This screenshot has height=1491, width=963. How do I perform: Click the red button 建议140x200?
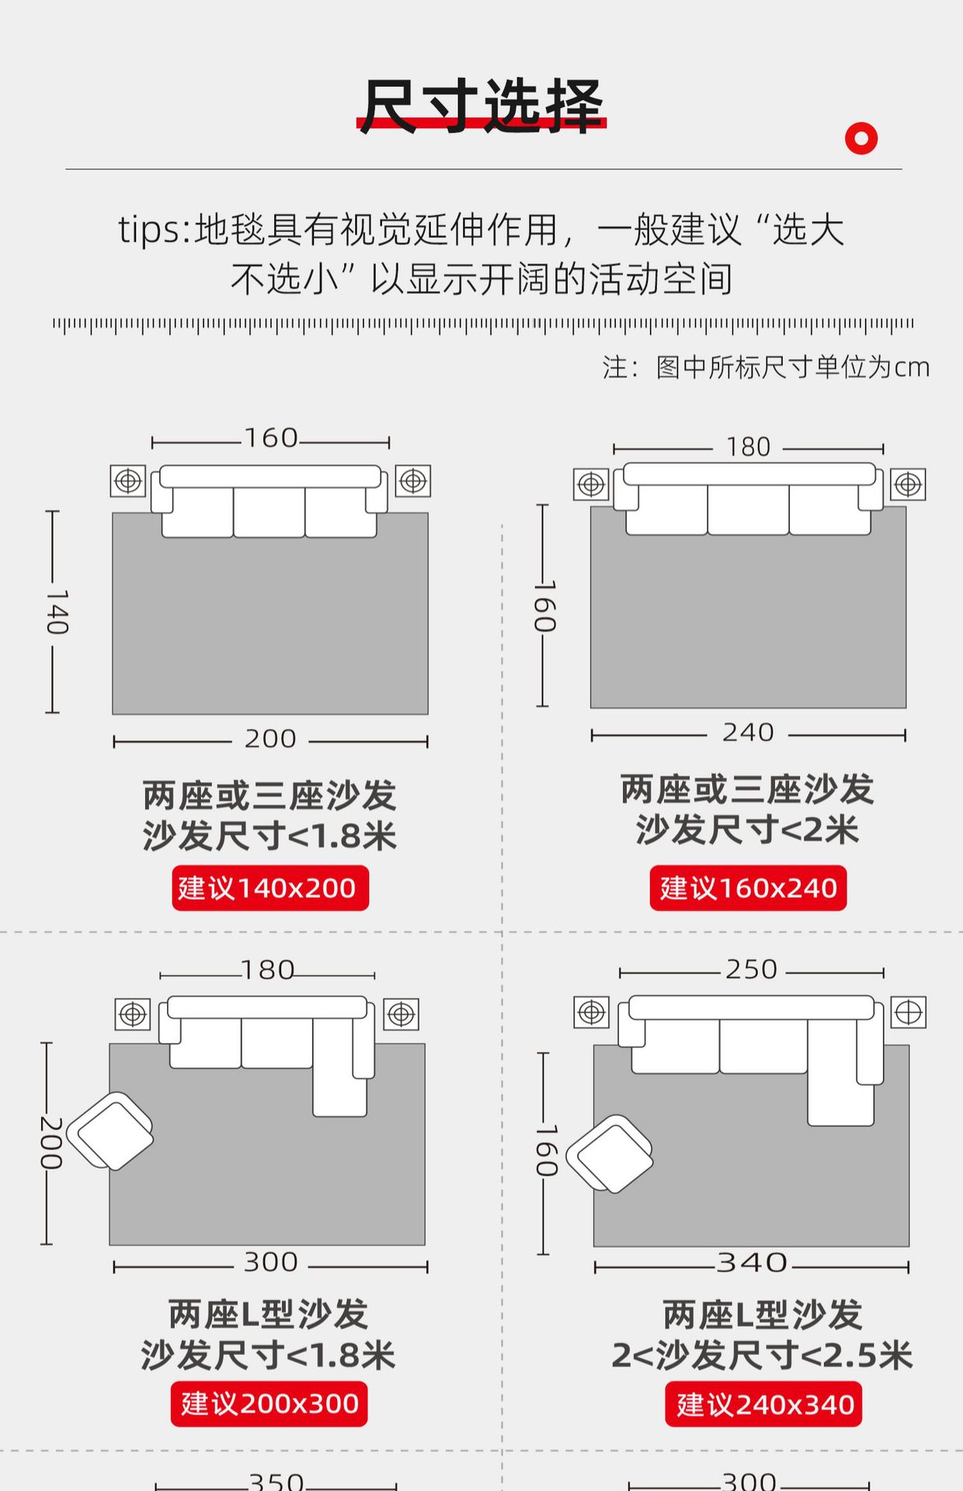[x=270, y=888]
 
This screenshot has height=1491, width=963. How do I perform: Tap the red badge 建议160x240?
[x=748, y=888]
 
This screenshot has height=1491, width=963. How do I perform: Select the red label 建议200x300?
[x=269, y=1404]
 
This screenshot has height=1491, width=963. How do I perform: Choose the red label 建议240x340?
[x=764, y=1404]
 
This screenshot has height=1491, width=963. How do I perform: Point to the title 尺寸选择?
[x=481, y=106]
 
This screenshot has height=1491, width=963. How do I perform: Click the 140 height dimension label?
[x=56, y=612]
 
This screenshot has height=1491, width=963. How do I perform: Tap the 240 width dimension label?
[x=748, y=732]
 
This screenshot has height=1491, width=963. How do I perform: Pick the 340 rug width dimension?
[x=752, y=1263]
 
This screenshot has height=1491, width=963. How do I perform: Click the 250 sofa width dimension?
[x=751, y=969]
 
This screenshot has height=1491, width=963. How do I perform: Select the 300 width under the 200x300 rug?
[x=271, y=1262]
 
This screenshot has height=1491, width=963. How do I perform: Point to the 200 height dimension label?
[x=51, y=1143]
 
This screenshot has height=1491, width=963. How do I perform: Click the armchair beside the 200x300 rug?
[x=110, y=1131]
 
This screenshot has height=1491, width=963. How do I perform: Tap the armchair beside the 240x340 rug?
[x=610, y=1154]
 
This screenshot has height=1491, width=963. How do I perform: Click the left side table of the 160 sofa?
[x=128, y=481]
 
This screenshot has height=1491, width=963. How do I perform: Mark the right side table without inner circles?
[x=908, y=1013]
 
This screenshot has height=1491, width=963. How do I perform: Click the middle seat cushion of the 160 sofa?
[x=269, y=513]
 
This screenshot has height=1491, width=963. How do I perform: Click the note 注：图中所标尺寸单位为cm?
[x=766, y=367]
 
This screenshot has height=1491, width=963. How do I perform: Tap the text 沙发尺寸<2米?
[x=747, y=829]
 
